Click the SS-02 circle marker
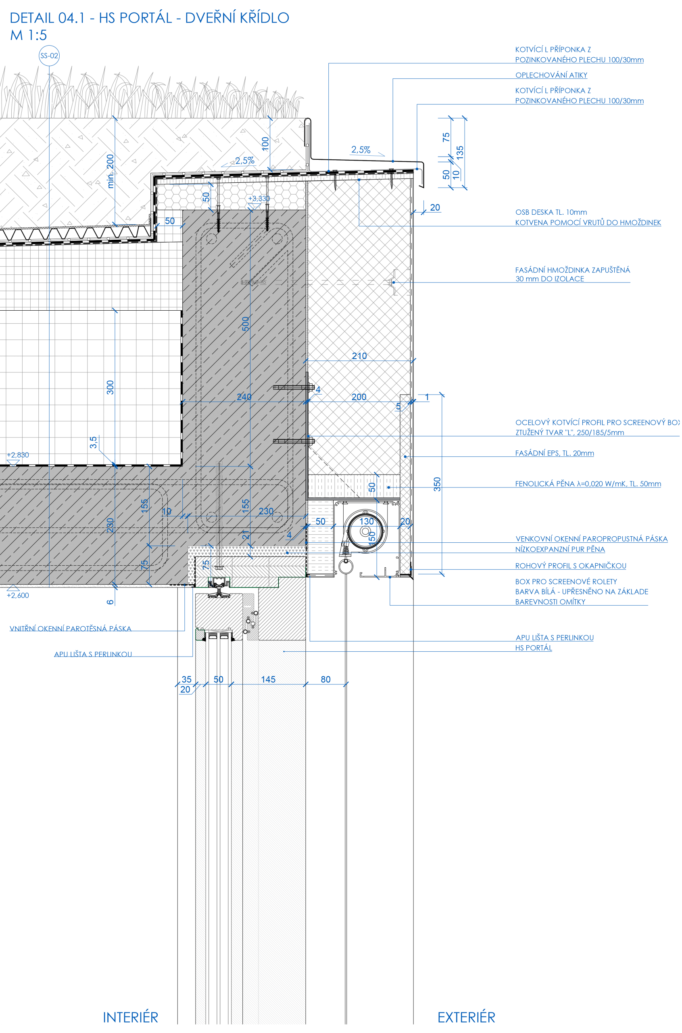(49, 56)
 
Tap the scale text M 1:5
(28, 35)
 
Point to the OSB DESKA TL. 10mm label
(551, 212)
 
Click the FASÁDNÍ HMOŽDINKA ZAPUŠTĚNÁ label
(572, 270)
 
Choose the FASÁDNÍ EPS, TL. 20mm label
(554, 453)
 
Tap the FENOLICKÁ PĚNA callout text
(588, 483)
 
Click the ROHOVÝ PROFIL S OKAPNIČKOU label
(570, 565)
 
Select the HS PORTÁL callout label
(534, 648)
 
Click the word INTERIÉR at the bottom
(131, 1017)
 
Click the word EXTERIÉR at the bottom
(466, 1017)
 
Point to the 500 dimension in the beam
(246, 324)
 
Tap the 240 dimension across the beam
(244, 396)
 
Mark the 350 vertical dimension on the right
(437, 484)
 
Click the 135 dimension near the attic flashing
(460, 152)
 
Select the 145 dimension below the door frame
(268, 679)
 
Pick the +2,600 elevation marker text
(18, 595)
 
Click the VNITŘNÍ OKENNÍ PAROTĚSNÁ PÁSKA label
(71, 628)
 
